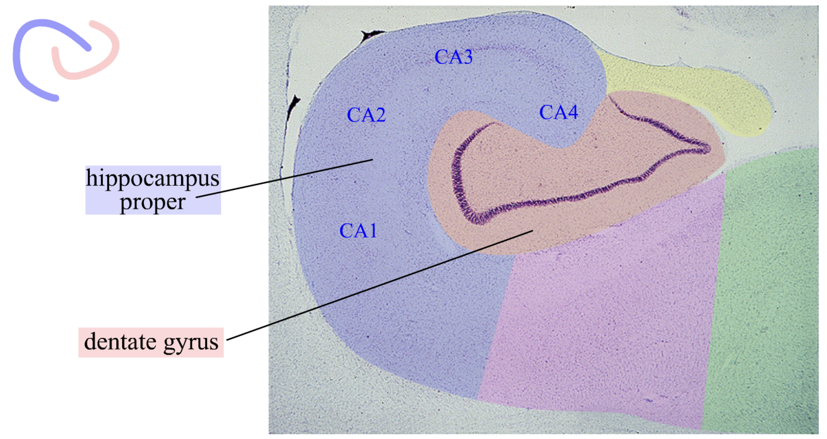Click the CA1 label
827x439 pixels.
click(x=358, y=231)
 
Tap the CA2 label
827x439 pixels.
click(x=366, y=115)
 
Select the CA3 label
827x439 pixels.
click(x=453, y=57)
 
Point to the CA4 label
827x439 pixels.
click(x=559, y=112)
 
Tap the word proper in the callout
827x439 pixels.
click(x=153, y=202)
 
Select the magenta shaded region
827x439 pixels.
click(x=601, y=323)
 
